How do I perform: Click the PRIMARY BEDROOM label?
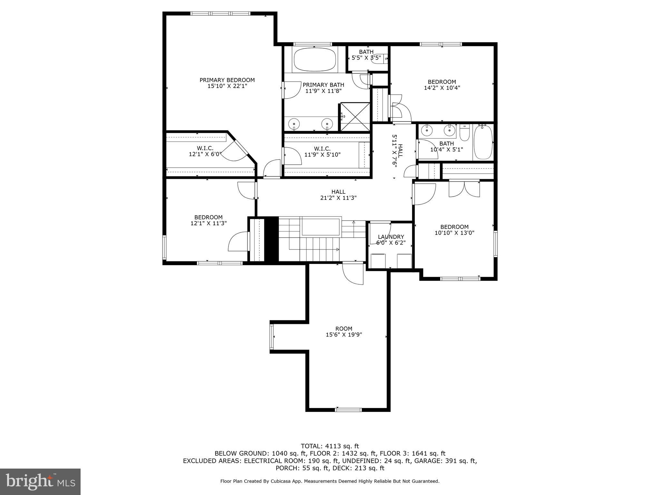point(227,80)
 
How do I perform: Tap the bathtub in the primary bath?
point(315,60)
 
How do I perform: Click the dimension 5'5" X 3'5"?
point(366,58)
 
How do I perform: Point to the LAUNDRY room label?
point(391,237)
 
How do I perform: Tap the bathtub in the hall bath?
point(483,142)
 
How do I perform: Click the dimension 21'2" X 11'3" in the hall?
point(338,198)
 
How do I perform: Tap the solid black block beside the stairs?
point(271,239)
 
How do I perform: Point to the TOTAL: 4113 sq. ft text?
point(330,446)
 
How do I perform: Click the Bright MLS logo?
point(40,481)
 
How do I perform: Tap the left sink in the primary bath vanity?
point(294,123)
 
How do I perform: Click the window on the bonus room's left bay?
point(272,337)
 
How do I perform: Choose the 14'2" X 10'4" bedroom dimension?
point(442,88)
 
